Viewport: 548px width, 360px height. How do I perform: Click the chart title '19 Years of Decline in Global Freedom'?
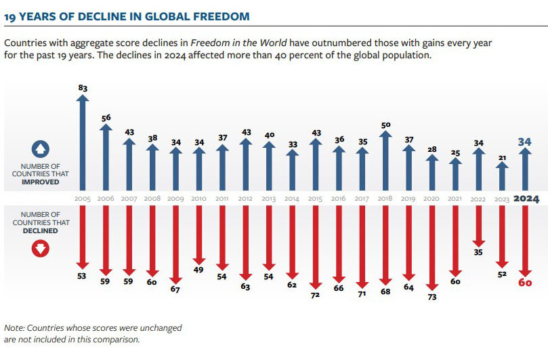(126, 16)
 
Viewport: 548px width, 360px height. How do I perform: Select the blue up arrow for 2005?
(83, 142)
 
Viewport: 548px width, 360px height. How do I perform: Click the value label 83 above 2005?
(83, 87)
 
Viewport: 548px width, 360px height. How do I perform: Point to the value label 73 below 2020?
(432, 296)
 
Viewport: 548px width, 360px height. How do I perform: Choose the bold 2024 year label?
(526, 199)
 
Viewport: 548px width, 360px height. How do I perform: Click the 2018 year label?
(385, 199)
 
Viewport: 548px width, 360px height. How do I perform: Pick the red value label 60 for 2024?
(525, 282)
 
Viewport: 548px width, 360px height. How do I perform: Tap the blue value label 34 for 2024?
(525, 141)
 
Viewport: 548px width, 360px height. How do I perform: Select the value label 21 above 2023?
(502, 158)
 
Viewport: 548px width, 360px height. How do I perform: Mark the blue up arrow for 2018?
(385, 163)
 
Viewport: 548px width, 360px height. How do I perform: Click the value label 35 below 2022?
(479, 252)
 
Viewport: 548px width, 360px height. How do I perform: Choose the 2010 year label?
(199, 199)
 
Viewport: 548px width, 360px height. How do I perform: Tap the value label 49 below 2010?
(199, 269)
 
